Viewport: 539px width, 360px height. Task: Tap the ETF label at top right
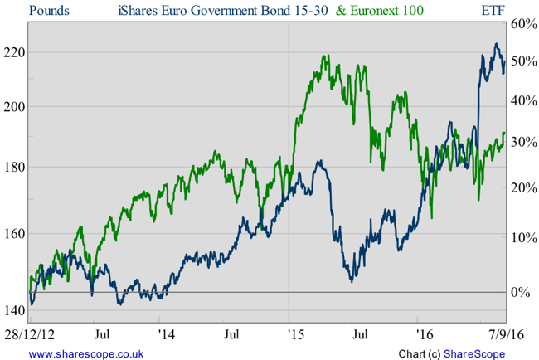tap(494, 11)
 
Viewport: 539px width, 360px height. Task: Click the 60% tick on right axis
tap(522, 23)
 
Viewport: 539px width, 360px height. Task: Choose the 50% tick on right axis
tap(522, 61)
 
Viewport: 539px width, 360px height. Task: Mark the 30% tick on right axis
tap(522, 142)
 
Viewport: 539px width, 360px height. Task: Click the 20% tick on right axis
tap(522, 187)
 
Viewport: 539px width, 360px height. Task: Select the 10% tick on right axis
tap(522, 237)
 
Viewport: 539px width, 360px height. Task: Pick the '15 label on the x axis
tap(289, 335)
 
